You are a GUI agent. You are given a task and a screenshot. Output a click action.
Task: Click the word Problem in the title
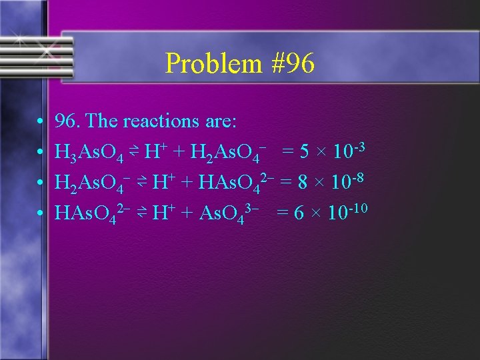(205, 64)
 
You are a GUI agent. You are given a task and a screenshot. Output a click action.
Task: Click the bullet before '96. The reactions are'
(41, 122)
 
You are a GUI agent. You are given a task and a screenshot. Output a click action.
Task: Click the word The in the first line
(102, 121)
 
